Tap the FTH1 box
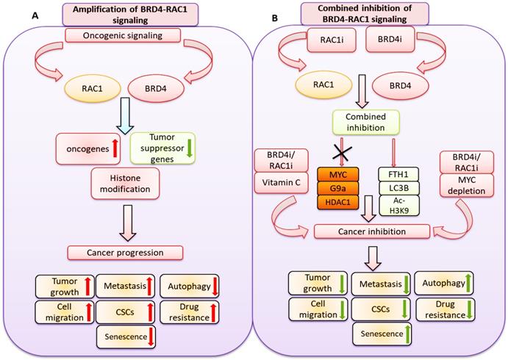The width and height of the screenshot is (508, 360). [x=395, y=175]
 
